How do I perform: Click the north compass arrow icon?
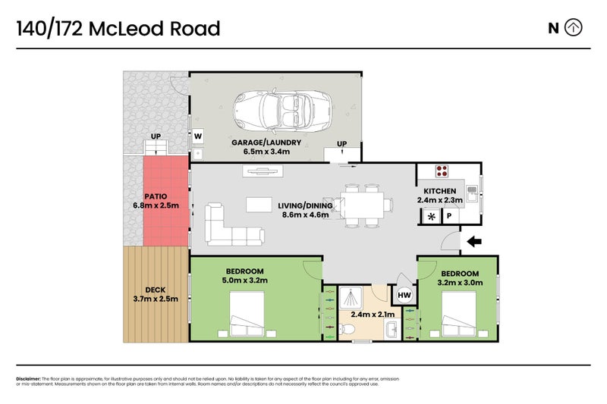[574, 28]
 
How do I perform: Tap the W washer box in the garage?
[197, 136]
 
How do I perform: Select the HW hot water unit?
[404, 295]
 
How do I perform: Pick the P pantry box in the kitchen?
[449, 217]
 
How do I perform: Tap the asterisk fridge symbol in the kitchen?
[431, 217]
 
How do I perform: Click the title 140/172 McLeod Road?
[118, 29]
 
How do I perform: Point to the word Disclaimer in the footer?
[28, 378]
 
